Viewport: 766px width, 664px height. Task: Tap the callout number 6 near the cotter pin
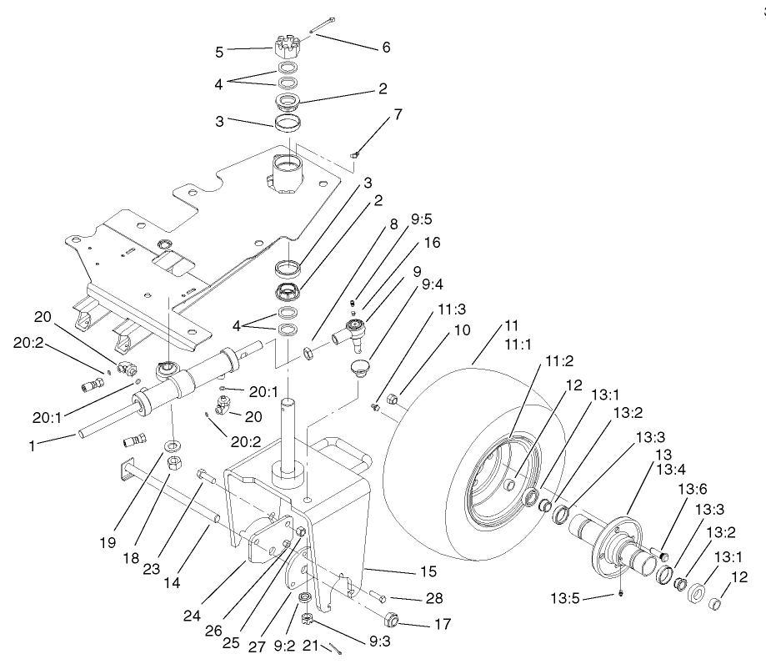coord(386,48)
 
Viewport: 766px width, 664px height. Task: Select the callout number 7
coord(398,114)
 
